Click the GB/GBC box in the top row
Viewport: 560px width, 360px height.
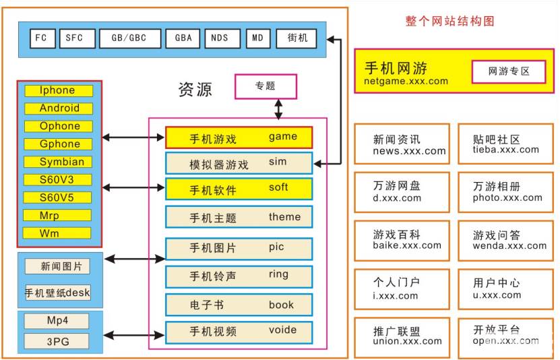pyautogui.click(x=130, y=38)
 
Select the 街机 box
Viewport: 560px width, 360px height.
pyautogui.click(x=297, y=38)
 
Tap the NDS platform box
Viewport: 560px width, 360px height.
pyautogui.click(x=220, y=38)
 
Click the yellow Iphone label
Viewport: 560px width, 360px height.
pyautogui.click(x=57, y=90)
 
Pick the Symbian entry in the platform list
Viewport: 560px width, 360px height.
pyautogui.click(x=61, y=162)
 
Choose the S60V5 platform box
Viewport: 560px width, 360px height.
pyautogui.click(x=57, y=198)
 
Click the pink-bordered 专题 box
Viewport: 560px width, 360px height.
pyautogui.click(x=265, y=86)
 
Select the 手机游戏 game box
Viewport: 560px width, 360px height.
pyautogui.click(x=239, y=138)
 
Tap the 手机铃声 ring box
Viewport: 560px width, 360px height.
pyautogui.click(x=239, y=276)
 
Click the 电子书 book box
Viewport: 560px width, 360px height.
pyautogui.click(x=239, y=305)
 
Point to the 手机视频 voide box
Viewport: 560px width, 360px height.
pyautogui.click(x=239, y=331)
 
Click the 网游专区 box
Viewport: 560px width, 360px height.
pyautogui.click(x=509, y=71)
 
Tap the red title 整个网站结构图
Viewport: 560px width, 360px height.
pyautogui.click(x=449, y=21)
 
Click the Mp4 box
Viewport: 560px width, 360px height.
pyautogui.click(x=57, y=320)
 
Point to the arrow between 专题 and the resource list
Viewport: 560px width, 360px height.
pyautogui.click(x=278, y=108)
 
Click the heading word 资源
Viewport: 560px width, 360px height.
pyautogui.click(x=195, y=89)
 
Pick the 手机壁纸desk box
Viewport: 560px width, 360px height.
pyautogui.click(x=57, y=293)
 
